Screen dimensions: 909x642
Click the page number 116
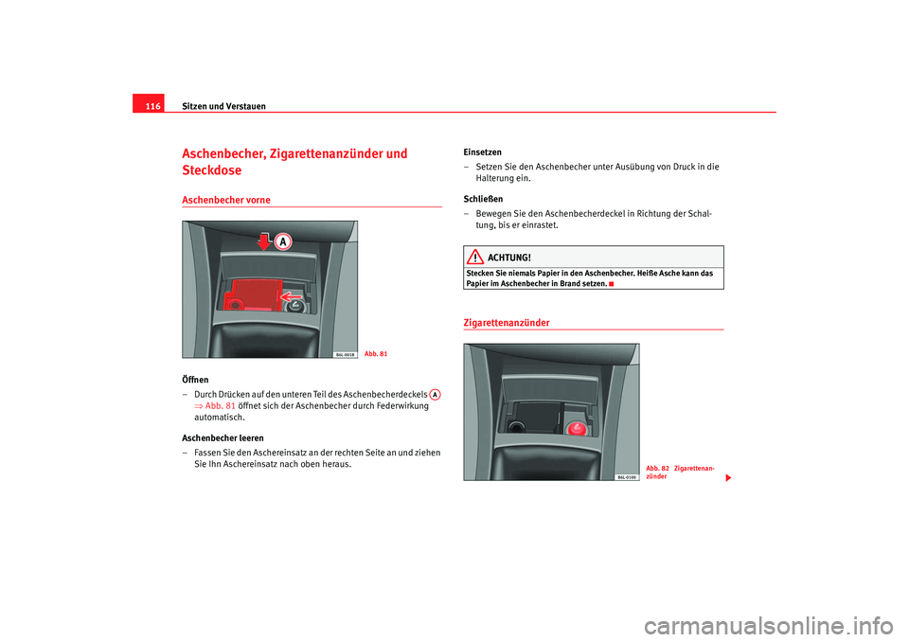pyautogui.click(x=152, y=106)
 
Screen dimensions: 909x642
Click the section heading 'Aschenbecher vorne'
pyautogui.click(x=226, y=200)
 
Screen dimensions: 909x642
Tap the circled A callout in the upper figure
pyautogui.click(x=283, y=241)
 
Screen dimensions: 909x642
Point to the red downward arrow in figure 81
pyautogui.click(x=264, y=241)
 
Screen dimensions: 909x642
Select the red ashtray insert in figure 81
pyautogui.click(x=253, y=294)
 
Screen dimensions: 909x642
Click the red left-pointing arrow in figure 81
pyautogui.click(x=291, y=297)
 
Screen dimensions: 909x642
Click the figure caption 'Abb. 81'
pyautogui.click(x=376, y=354)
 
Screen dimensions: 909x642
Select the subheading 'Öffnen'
pyautogui.click(x=195, y=380)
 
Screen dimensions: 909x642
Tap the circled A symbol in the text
pyautogui.click(x=435, y=394)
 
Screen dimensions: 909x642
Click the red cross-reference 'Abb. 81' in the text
pyautogui.click(x=215, y=406)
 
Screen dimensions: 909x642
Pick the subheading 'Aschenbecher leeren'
pyautogui.click(x=223, y=437)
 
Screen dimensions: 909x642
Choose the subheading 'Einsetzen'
pyautogui.click(x=482, y=152)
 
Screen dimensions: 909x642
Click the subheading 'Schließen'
pyautogui.click(x=483, y=199)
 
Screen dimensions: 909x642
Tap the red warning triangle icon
pyautogui.click(x=474, y=257)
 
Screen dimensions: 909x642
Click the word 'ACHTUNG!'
pyautogui.click(x=509, y=258)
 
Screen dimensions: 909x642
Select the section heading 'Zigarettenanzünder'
pyautogui.click(x=507, y=323)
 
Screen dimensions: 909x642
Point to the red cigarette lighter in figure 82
pyautogui.click(x=577, y=429)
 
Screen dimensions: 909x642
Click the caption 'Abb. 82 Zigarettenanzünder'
pyautogui.click(x=681, y=473)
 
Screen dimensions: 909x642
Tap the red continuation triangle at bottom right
pyautogui.click(x=728, y=478)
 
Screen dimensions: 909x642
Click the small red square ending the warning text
pyautogui.click(x=611, y=283)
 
